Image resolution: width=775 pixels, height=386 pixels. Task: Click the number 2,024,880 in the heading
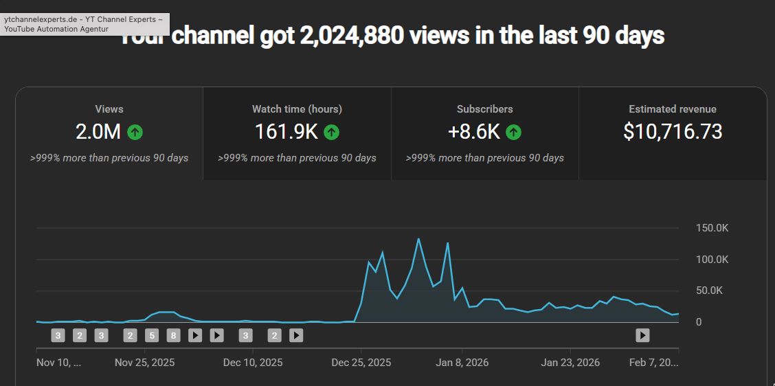pyautogui.click(x=351, y=36)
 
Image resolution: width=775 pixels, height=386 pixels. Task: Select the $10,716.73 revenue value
pyautogui.click(x=673, y=132)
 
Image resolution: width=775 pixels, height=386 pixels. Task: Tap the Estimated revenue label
pyautogui.click(x=673, y=109)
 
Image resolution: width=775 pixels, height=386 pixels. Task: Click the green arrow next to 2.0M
pyautogui.click(x=135, y=132)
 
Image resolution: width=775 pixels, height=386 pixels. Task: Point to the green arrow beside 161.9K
pyautogui.click(x=332, y=132)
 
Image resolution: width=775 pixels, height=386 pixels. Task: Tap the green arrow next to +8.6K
pyautogui.click(x=514, y=132)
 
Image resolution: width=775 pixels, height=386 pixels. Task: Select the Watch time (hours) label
pyautogui.click(x=297, y=109)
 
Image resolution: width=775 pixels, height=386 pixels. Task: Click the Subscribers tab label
pyautogui.click(x=484, y=109)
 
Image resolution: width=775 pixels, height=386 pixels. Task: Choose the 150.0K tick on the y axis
pyautogui.click(x=712, y=228)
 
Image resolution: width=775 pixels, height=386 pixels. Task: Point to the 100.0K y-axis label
pyautogui.click(x=712, y=260)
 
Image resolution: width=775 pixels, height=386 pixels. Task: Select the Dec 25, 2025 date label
pyautogui.click(x=361, y=362)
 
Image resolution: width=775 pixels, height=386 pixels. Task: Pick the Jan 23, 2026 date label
pyautogui.click(x=570, y=362)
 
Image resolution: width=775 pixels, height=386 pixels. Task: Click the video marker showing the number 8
pyautogui.click(x=174, y=335)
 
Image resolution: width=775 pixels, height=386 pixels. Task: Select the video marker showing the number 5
pyautogui.click(x=153, y=335)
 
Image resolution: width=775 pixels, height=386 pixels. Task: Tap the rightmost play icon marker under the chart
pyautogui.click(x=642, y=335)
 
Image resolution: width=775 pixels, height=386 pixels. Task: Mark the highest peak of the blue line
pyautogui.click(x=418, y=239)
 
